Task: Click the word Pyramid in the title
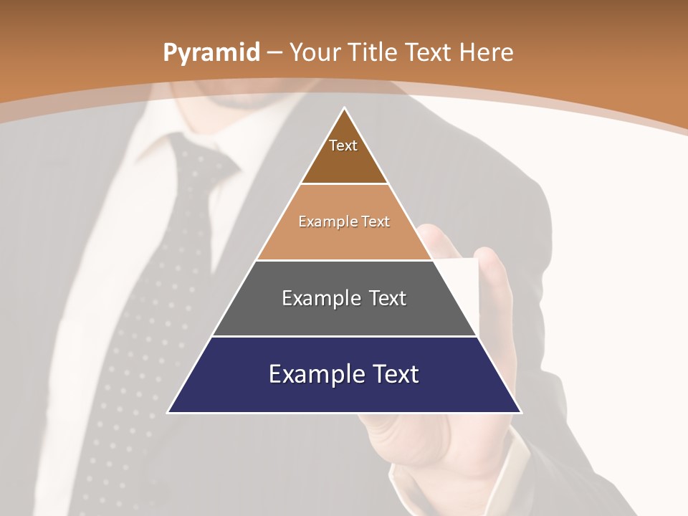[x=211, y=53]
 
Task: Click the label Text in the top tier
[x=343, y=145]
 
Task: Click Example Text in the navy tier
[x=344, y=374]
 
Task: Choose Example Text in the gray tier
[x=344, y=298]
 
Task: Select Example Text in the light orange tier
[x=344, y=221]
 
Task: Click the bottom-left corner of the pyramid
[x=168, y=412]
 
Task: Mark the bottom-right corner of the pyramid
[x=520, y=412]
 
